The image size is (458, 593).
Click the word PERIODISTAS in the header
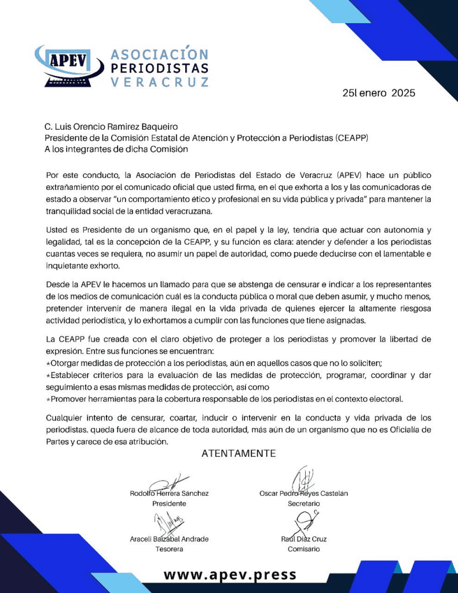[x=159, y=68]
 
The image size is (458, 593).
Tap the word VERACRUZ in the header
[x=159, y=82]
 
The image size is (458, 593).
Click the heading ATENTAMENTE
[x=239, y=453]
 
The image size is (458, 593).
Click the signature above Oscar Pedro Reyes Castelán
[x=303, y=479]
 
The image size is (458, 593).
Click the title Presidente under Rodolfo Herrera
[x=169, y=504]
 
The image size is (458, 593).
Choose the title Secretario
[x=303, y=504]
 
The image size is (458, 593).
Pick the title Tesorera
[x=169, y=549]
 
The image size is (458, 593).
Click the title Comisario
[x=303, y=549]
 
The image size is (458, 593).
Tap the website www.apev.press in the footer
[x=230, y=575]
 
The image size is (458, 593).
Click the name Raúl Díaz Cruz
[x=303, y=539]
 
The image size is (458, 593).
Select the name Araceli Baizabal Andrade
[x=169, y=539]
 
